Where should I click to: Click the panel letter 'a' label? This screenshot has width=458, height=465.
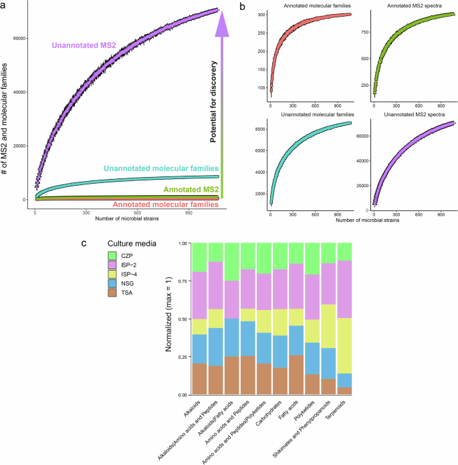(5, 5)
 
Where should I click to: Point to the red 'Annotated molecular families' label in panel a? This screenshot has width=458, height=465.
(166, 204)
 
